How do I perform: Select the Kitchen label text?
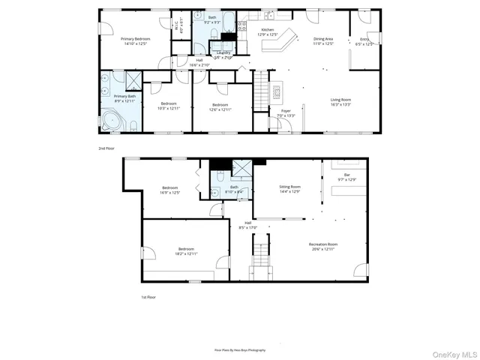pos(268,31)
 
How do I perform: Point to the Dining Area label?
pos(323,39)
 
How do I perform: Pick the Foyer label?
pos(286,110)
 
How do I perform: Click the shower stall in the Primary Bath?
pos(133,80)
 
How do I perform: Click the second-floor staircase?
pos(260,88)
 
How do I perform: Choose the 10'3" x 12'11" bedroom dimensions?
pos(167,109)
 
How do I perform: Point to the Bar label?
pos(346,175)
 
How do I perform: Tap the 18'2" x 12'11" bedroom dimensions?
pos(186,253)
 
